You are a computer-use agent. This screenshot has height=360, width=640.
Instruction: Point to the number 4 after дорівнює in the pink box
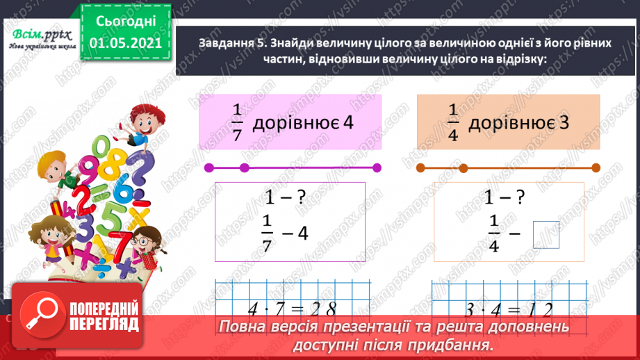348,123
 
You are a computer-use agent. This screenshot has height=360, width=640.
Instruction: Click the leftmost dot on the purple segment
208,168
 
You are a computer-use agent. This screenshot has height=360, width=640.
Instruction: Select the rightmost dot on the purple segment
377,168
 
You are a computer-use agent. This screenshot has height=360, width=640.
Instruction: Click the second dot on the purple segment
244,168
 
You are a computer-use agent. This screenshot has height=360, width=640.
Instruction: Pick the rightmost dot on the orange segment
597,168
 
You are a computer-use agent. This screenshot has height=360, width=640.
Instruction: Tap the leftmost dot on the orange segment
420,168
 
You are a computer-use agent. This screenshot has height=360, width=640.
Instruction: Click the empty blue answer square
546,234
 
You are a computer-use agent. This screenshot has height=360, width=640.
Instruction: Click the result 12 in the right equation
543,308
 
